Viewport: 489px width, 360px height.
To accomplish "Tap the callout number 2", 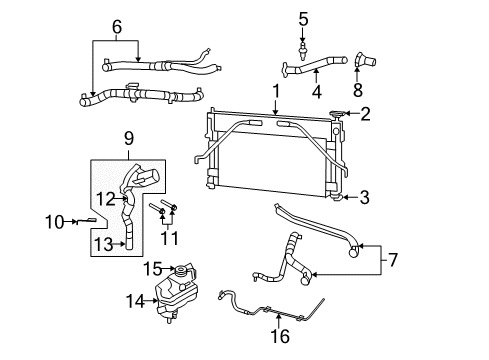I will point(366,115).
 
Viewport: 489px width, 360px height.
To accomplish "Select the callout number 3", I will point(364,197).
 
